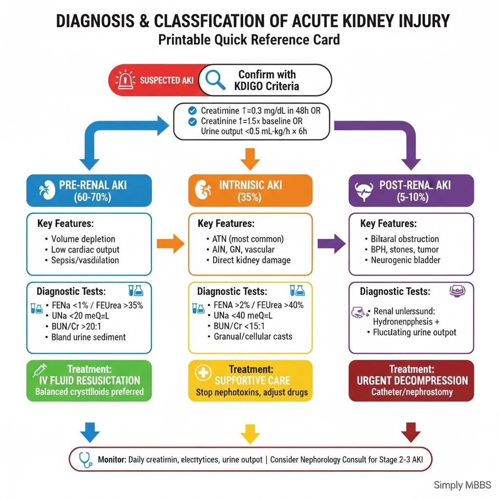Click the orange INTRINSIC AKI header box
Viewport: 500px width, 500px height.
click(x=250, y=191)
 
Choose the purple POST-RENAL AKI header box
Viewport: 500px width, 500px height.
click(x=411, y=191)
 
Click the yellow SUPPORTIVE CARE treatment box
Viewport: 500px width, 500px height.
click(x=250, y=381)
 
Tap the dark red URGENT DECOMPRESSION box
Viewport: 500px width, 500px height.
click(x=411, y=381)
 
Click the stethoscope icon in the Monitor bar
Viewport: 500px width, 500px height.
click(x=86, y=459)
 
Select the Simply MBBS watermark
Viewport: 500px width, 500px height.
click(x=462, y=485)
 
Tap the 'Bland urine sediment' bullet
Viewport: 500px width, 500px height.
click(x=88, y=337)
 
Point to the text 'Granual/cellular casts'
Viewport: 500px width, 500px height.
click(x=253, y=336)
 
